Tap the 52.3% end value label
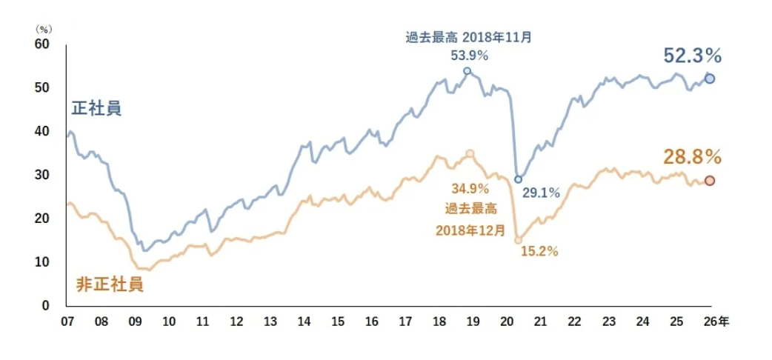tap(692, 56)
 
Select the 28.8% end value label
tap(692, 157)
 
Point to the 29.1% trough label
tap(542, 193)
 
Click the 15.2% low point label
tap(540, 251)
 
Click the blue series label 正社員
tap(96, 109)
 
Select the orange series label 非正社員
tap(110, 285)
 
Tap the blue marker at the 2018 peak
tap(467, 71)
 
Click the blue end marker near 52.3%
tap(709, 79)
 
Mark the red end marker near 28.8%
tap(709, 181)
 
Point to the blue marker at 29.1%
tap(518, 179)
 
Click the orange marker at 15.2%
tap(518, 240)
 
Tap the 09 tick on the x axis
tap(135, 322)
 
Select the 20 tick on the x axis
tap(508, 322)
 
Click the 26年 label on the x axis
tap(716, 322)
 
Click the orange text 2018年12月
tap(470, 230)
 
